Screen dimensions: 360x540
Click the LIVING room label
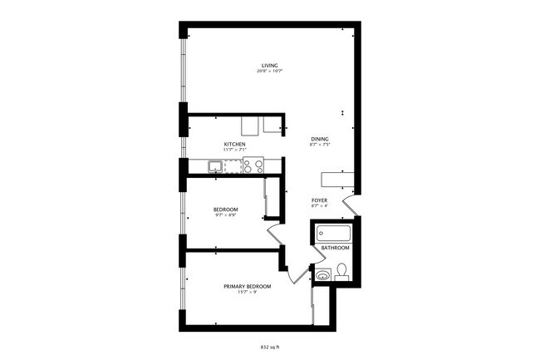[x=269, y=65]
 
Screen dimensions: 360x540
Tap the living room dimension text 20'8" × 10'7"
[x=269, y=72]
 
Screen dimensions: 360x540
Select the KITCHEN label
[x=234, y=144]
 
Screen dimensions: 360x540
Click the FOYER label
[x=319, y=200]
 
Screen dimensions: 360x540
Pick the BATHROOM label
[x=336, y=248]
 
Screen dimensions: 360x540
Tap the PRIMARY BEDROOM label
[x=247, y=286]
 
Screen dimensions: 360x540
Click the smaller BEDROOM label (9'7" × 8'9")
[x=226, y=209]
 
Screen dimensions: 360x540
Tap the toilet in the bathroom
[x=341, y=271]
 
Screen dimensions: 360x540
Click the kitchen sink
[x=215, y=166]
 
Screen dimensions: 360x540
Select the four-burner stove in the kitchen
[x=253, y=165]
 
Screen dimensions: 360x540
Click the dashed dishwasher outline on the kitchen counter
[x=233, y=166]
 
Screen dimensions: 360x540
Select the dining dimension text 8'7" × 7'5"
[x=320, y=145]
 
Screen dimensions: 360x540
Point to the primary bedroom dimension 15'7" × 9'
[x=247, y=293]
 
